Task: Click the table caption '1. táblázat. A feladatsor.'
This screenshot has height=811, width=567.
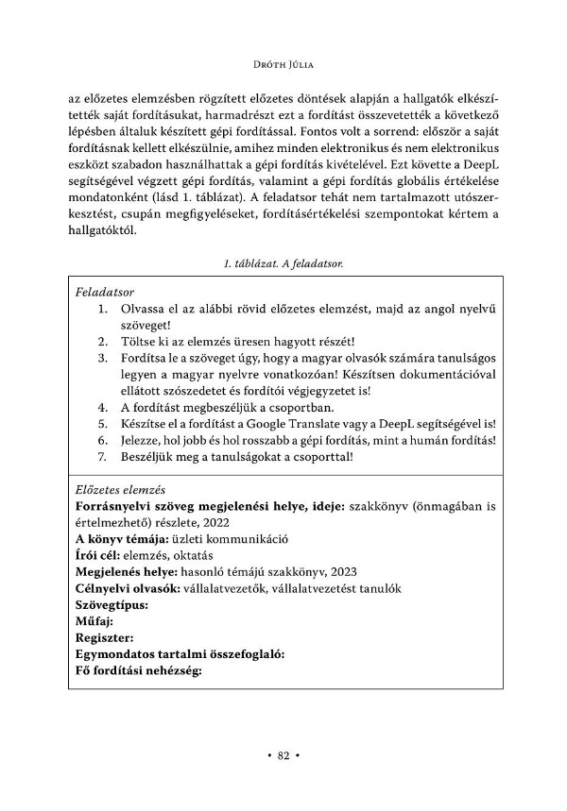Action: [283, 264]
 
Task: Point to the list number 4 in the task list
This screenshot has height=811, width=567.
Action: [102, 407]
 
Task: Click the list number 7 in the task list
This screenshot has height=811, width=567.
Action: [102, 458]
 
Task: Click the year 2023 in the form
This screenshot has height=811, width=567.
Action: [343, 572]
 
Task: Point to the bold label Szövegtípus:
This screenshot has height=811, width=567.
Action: [112, 605]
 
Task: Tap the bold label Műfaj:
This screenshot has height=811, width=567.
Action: [94, 621]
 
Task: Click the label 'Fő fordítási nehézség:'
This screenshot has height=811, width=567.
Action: [140, 671]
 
